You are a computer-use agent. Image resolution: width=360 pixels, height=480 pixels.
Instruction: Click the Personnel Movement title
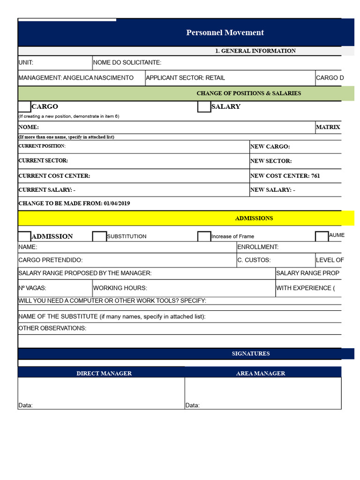(x=225, y=33)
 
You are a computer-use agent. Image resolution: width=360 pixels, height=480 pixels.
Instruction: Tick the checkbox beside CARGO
(x=24, y=107)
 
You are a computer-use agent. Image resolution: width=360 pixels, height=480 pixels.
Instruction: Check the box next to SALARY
(x=204, y=107)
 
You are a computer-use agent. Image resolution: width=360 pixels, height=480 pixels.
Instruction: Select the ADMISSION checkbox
(x=24, y=236)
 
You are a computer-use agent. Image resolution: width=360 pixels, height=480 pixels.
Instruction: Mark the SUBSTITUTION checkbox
(x=99, y=236)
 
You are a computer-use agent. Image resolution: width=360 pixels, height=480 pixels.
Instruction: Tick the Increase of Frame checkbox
(x=204, y=236)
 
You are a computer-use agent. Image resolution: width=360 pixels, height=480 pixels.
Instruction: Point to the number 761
(x=315, y=176)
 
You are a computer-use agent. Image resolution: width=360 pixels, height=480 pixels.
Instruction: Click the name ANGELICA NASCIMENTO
(x=98, y=78)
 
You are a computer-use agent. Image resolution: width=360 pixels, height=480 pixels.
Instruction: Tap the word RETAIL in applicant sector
(x=215, y=78)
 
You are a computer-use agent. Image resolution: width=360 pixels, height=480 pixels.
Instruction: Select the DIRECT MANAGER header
(x=104, y=374)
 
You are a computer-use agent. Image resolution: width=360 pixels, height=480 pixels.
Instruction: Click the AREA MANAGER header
(x=261, y=374)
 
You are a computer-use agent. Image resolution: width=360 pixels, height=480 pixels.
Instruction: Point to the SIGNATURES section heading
(x=251, y=353)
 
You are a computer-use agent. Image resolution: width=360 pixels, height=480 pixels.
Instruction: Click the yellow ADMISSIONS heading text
(x=254, y=218)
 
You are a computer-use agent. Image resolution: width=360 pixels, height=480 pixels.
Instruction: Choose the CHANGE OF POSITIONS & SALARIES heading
(x=249, y=93)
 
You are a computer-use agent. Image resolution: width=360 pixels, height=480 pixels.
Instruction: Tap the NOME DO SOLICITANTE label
(x=127, y=63)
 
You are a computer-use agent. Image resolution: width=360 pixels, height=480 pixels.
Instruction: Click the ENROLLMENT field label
(x=258, y=247)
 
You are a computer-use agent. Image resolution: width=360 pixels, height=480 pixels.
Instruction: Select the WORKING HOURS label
(x=120, y=288)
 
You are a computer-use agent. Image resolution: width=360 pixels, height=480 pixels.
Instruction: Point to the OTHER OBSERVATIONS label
(x=52, y=328)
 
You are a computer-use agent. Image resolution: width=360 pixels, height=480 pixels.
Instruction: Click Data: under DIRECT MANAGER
(x=25, y=405)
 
